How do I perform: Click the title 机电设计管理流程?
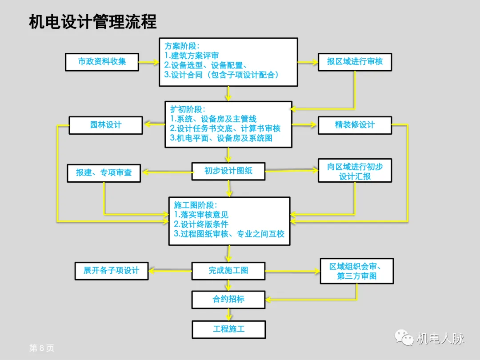pos(92,22)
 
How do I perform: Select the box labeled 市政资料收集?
pos(102,62)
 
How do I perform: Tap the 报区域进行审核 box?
pos(355,62)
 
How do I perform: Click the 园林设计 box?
pos(105,125)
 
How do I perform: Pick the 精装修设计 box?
pos(355,125)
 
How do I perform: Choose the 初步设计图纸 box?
pos(228,171)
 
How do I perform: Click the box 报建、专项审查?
pos(104,172)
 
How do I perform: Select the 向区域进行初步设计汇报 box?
pos(355,171)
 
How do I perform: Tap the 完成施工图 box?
pos(228,270)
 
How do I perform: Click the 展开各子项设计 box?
pos(111,270)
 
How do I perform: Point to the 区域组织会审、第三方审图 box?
pos(356,271)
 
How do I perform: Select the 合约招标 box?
pos(228,299)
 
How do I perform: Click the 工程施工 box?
pos(228,329)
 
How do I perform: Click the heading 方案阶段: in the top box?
pos(182,46)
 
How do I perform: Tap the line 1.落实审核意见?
pos(201,215)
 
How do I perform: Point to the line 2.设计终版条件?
pos(201,224)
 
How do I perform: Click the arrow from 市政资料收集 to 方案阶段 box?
pos(149,63)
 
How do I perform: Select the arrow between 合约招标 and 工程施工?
pos(229,314)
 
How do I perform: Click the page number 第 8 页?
pos(41,348)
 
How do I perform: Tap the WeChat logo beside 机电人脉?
pos(404,338)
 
